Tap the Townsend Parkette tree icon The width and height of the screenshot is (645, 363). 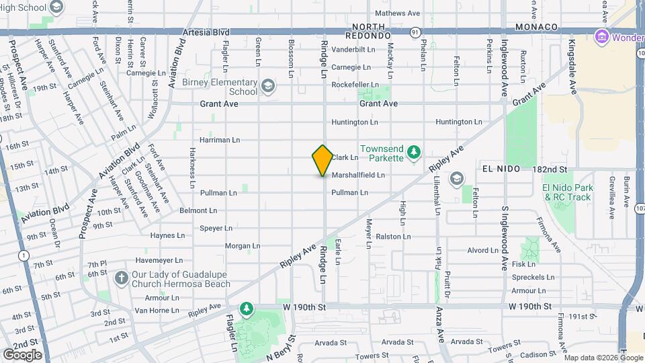click(x=415, y=149)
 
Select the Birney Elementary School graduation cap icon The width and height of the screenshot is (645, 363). click(x=267, y=85)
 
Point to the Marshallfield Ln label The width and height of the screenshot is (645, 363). click(x=358, y=175)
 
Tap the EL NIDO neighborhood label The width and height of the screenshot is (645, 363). click(x=501, y=169)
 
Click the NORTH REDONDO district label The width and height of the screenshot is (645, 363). click(x=368, y=30)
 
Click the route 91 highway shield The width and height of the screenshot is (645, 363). click(x=415, y=32)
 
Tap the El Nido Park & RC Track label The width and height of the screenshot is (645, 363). click(x=568, y=192)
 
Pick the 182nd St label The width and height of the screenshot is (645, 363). click(x=550, y=169)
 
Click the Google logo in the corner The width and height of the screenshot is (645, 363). click(x=22, y=354)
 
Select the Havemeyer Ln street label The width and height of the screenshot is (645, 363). click(x=159, y=260)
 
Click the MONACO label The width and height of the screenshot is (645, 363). click(x=537, y=27)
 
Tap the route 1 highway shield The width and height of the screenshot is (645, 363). click(x=24, y=255)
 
